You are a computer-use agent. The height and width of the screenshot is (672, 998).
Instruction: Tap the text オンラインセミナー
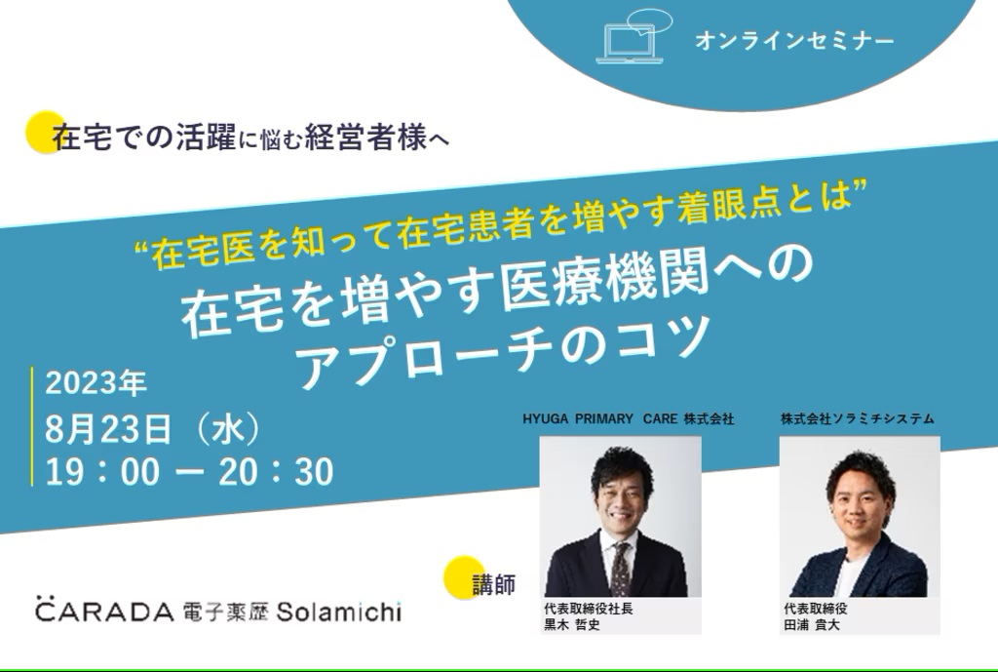point(794,41)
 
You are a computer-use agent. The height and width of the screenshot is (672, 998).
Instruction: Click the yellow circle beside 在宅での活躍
point(45,132)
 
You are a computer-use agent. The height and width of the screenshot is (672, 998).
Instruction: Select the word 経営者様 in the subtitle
point(366,137)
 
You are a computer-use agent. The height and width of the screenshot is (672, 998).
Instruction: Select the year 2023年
point(96,383)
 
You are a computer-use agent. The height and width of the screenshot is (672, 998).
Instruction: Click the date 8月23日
point(108,429)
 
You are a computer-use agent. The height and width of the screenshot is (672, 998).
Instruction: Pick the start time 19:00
point(102,472)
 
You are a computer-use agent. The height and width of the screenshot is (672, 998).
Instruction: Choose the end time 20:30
point(276,472)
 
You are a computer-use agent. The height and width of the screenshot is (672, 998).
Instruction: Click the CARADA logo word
point(104,611)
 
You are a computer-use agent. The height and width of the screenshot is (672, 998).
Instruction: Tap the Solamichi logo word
point(338,612)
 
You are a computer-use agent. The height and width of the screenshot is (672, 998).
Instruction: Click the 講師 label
point(494,583)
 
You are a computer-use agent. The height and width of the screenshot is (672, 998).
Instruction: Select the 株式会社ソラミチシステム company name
point(858,418)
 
